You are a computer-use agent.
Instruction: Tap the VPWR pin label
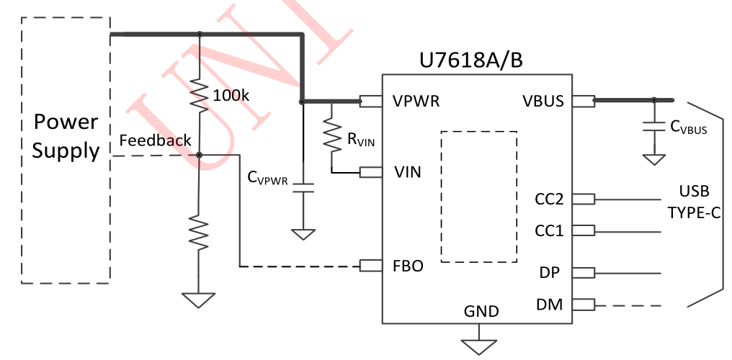(416, 102)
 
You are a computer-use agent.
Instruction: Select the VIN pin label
(408, 173)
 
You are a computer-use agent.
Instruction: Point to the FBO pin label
(409, 266)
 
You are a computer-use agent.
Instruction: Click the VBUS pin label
(543, 102)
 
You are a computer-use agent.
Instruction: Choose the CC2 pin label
(549, 199)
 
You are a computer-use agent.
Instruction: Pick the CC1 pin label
(549, 231)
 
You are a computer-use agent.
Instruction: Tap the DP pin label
(551, 273)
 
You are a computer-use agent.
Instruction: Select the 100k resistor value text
(230, 95)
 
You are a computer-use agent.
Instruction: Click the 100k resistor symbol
(200, 94)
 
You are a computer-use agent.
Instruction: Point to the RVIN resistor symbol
(331, 137)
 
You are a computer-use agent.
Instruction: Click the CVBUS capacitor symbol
(653, 127)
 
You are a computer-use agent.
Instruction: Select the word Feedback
(155, 140)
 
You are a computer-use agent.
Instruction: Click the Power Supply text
(66, 137)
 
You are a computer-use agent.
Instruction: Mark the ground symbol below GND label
(479, 344)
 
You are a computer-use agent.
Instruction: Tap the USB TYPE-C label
(694, 202)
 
